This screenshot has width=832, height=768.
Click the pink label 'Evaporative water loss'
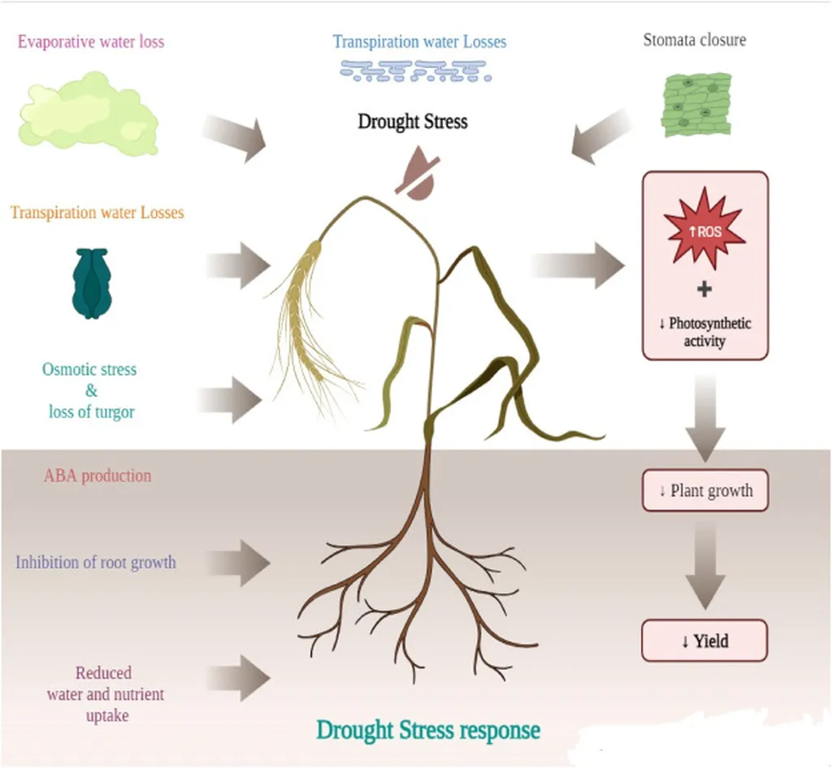(x=91, y=41)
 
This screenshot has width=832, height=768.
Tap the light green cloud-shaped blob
(x=88, y=114)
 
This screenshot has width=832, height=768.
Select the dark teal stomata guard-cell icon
(x=91, y=283)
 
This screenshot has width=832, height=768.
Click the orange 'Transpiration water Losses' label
(x=97, y=213)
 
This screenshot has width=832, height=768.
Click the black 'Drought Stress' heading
(x=413, y=122)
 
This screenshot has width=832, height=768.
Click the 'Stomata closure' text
(x=694, y=40)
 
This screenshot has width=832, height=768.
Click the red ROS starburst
(x=704, y=228)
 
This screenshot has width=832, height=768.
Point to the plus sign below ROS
(x=704, y=289)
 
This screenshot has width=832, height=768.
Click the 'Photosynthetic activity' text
(x=704, y=332)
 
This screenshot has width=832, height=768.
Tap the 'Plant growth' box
(x=704, y=490)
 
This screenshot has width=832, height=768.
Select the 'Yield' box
(x=704, y=641)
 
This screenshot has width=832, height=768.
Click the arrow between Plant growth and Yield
(x=704, y=565)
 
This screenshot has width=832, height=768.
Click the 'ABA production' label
(x=97, y=476)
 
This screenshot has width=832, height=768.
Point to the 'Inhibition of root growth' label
(x=96, y=562)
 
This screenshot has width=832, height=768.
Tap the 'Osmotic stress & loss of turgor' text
(x=90, y=390)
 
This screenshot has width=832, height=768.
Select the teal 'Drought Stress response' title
(x=428, y=729)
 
